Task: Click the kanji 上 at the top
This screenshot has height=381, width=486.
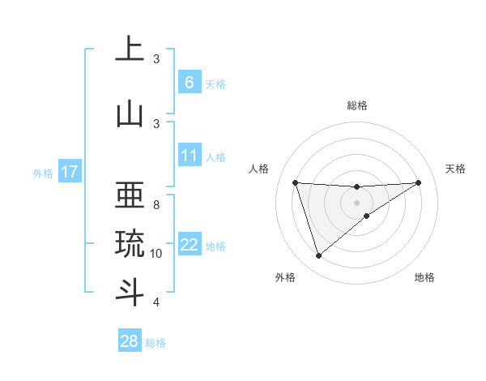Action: [x=130, y=50]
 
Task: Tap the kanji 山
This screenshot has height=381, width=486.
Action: [x=130, y=114]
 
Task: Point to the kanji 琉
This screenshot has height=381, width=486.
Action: [x=130, y=244]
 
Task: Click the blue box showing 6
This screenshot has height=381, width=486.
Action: [x=189, y=83]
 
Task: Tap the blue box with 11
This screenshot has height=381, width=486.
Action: [x=190, y=155]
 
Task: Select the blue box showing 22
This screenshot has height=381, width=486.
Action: [x=190, y=245]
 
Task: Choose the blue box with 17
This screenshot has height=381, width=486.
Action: [x=70, y=172]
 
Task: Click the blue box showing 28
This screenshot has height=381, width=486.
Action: [x=130, y=341]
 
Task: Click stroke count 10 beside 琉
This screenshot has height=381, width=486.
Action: [x=156, y=254]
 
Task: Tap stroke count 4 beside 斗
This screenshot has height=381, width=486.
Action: [x=156, y=302]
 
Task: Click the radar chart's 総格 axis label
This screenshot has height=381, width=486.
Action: [x=357, y=105]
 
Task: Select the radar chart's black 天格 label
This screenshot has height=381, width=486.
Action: [x=455, y=169]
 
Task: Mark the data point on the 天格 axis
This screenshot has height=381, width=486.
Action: [x=418, y=182]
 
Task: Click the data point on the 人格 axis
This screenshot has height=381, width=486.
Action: [x=296, y=182]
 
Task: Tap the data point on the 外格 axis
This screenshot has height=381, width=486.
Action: [x=318, y=256]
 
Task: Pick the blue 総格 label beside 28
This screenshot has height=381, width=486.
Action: [x=156, y=343]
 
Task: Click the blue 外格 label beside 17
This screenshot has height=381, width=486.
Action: [x=43, y=173]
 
